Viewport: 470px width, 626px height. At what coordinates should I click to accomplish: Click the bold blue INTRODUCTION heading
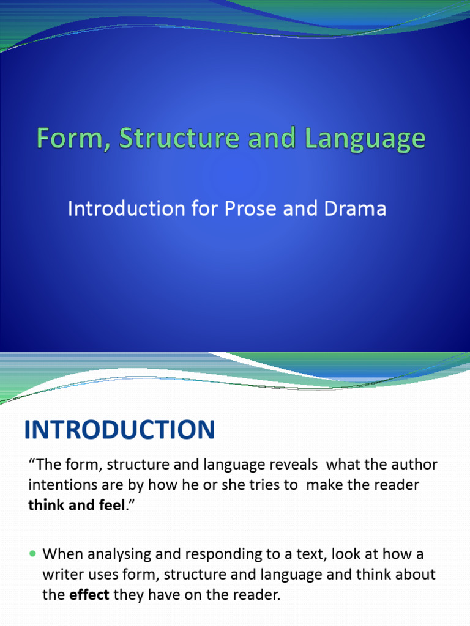119,430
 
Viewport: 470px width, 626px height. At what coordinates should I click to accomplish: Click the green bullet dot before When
33,554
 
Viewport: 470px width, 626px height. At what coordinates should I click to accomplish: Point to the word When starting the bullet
61,554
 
